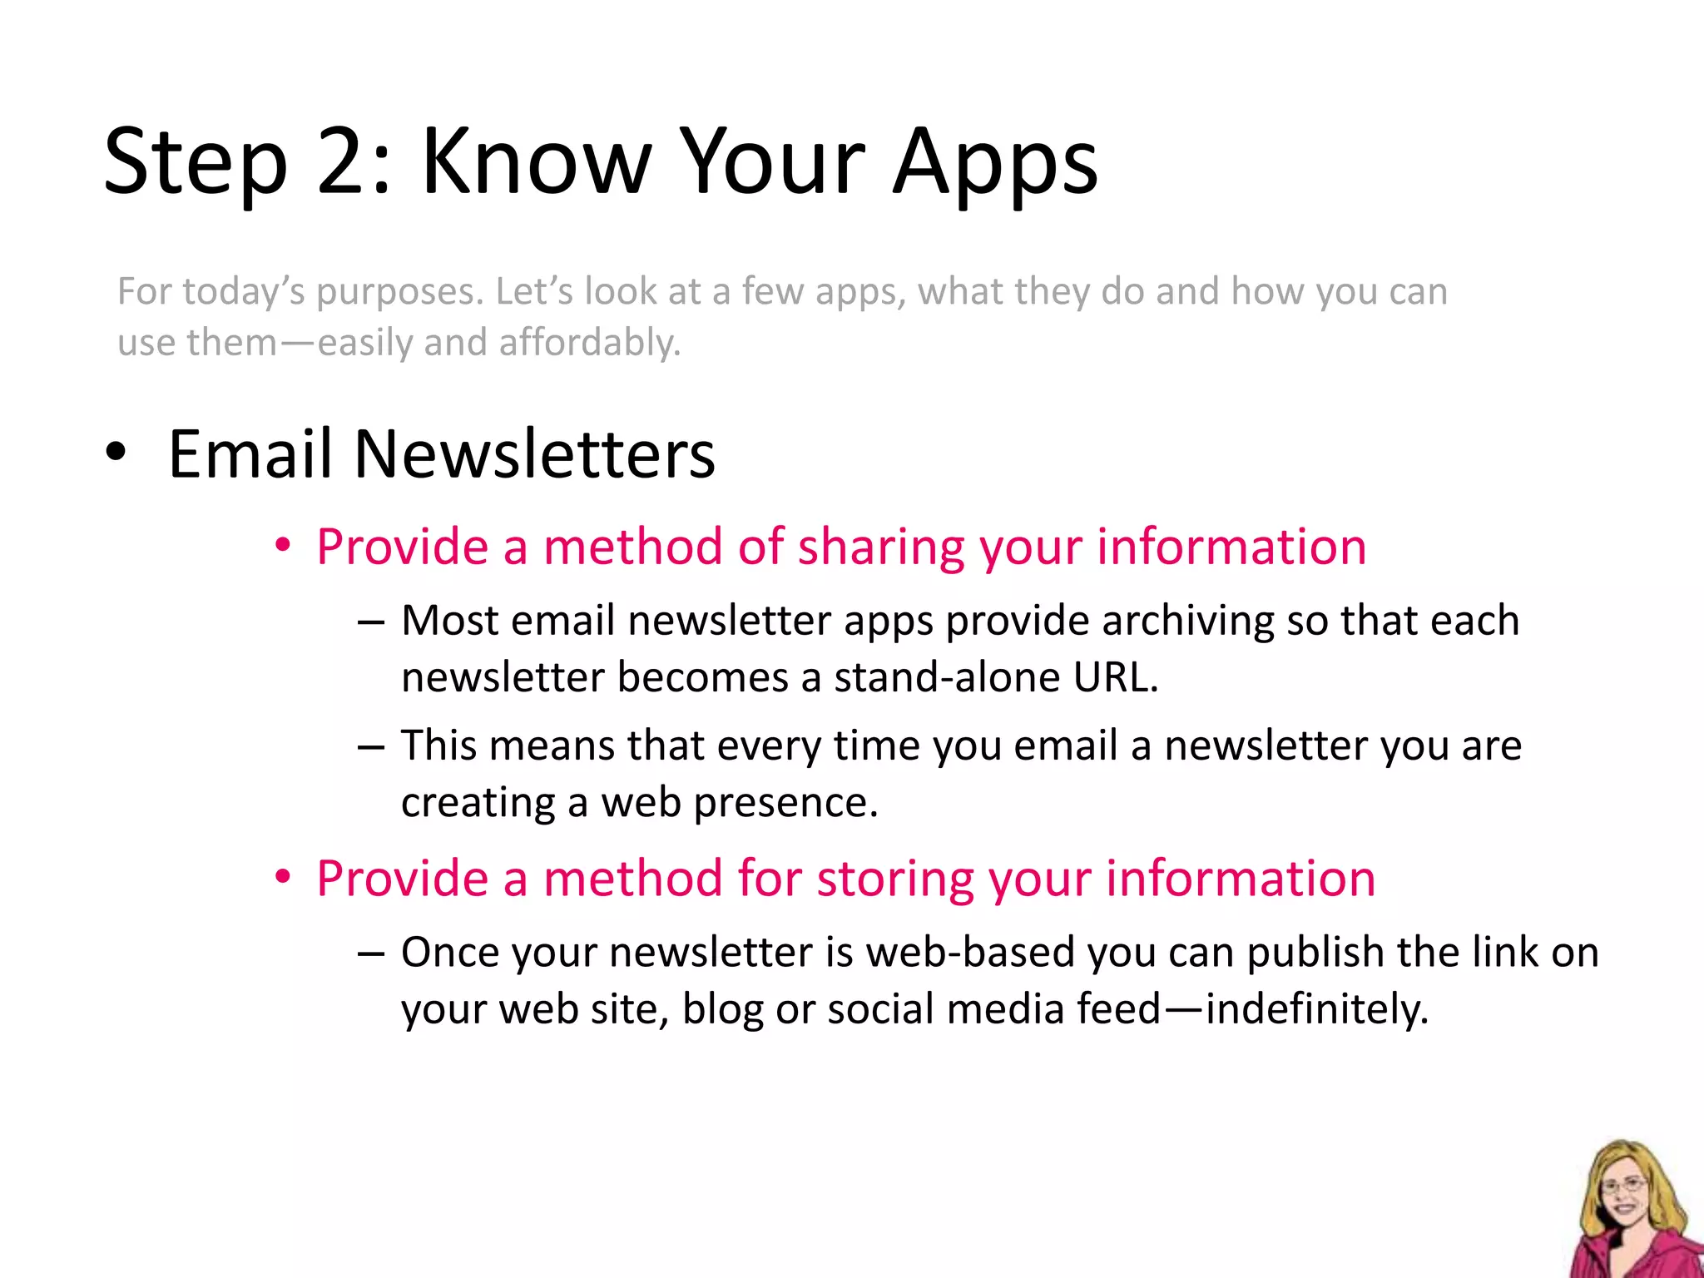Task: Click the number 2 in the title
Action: click(x=344, y=161)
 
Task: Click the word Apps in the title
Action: click(x=996, y=161)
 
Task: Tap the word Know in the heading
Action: click(x=536, y=161)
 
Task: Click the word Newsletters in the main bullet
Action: click(x=534, y=454)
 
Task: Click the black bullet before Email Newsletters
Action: click(x=116, y=454)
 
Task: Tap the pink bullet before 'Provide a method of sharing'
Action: click(x=284, y=547)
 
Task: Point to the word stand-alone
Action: click(x=946, y=677)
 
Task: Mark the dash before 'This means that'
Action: click(x=370, y=746)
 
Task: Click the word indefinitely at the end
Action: click(x=1317, y=1009)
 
